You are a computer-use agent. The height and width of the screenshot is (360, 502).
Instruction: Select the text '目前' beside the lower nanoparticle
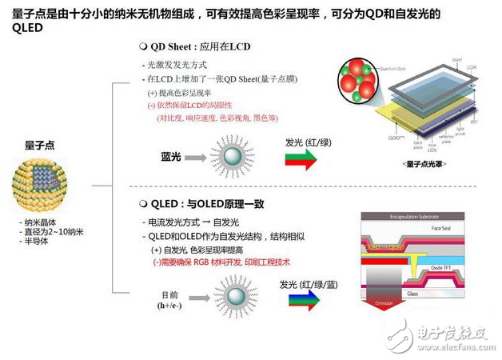coord(168,294)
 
